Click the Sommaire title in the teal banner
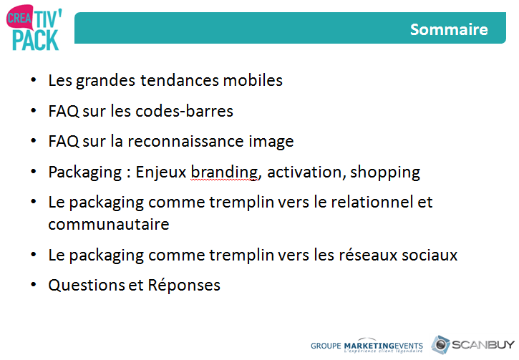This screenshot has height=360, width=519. point(449,29)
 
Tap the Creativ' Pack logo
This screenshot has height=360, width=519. point(34,27)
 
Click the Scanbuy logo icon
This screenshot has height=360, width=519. point(440,345)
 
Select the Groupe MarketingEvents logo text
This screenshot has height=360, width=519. point(367,346)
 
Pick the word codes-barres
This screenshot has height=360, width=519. point(185,111)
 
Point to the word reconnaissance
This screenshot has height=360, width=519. point(185,142)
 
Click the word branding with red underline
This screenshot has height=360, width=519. point(224,172)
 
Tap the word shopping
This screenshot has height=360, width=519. point(385,172)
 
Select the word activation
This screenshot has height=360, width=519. point(304,172)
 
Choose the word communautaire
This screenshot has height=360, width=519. point(109,224)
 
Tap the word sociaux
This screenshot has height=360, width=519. point(430,255)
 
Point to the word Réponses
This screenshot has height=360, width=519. point(184,286)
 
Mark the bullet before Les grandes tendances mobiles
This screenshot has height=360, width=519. point(34,80)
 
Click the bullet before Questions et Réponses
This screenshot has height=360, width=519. point(34,285)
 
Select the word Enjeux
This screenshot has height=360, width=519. point(161,172)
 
